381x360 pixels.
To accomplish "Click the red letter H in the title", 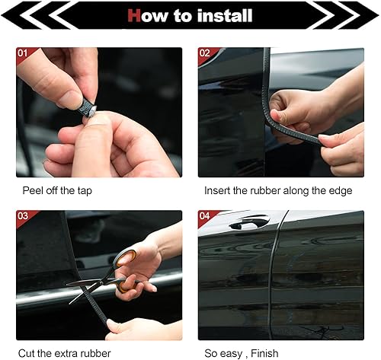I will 134,15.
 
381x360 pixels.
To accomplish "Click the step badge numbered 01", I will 24,54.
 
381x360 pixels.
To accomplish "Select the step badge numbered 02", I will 205,54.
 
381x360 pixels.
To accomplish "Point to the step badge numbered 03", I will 24,217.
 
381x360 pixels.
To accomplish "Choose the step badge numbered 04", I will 205,217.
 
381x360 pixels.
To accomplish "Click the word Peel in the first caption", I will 32,190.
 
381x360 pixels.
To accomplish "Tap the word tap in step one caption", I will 84,190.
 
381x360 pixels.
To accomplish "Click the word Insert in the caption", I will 218,190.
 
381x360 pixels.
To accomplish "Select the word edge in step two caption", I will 338,190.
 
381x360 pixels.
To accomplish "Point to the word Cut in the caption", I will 30,352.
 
